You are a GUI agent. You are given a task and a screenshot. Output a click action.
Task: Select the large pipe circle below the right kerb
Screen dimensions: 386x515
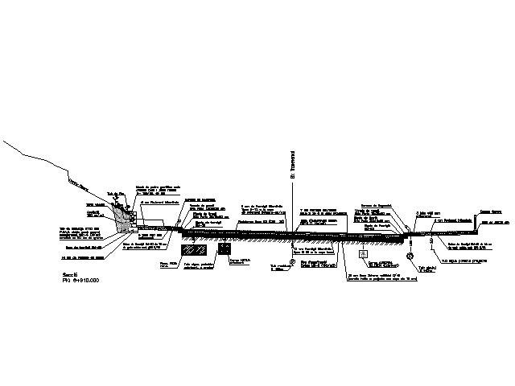410,257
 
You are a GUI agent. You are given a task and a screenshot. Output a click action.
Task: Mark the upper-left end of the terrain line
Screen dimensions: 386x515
6,141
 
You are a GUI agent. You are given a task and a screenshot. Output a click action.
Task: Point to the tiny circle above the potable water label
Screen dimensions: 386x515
431,241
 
